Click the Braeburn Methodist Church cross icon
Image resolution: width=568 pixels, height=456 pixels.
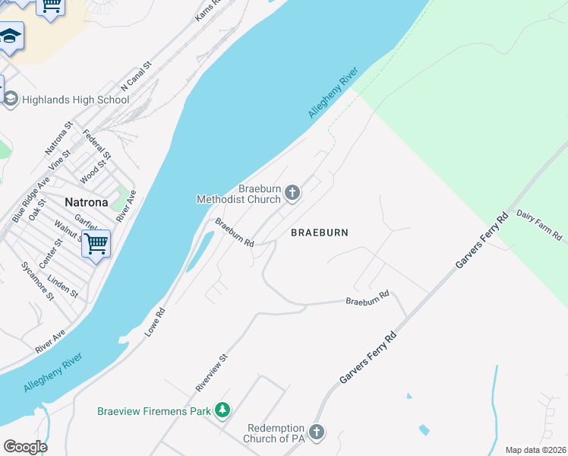(x=292, y=195)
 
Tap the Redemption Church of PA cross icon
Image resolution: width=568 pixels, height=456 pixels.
(x=317, y=432)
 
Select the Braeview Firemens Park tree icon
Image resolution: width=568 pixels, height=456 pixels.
(x=222, y=411)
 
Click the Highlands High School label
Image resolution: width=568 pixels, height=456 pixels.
(x=76, y=100)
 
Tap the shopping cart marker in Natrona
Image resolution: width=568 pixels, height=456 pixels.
(x=96, y=245)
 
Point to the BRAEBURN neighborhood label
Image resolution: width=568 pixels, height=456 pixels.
(x=320, y=233)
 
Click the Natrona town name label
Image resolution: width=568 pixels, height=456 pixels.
(x=88, y=202)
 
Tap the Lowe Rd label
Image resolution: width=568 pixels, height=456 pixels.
(x=154, y=323)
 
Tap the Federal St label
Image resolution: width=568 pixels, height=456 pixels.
(x=97, y=145)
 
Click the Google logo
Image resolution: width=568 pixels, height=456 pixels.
(x=24, y=447)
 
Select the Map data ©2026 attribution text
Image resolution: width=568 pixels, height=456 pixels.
(x=535, y=450)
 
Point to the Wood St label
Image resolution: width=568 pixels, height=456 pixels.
(x=88, y=173)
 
